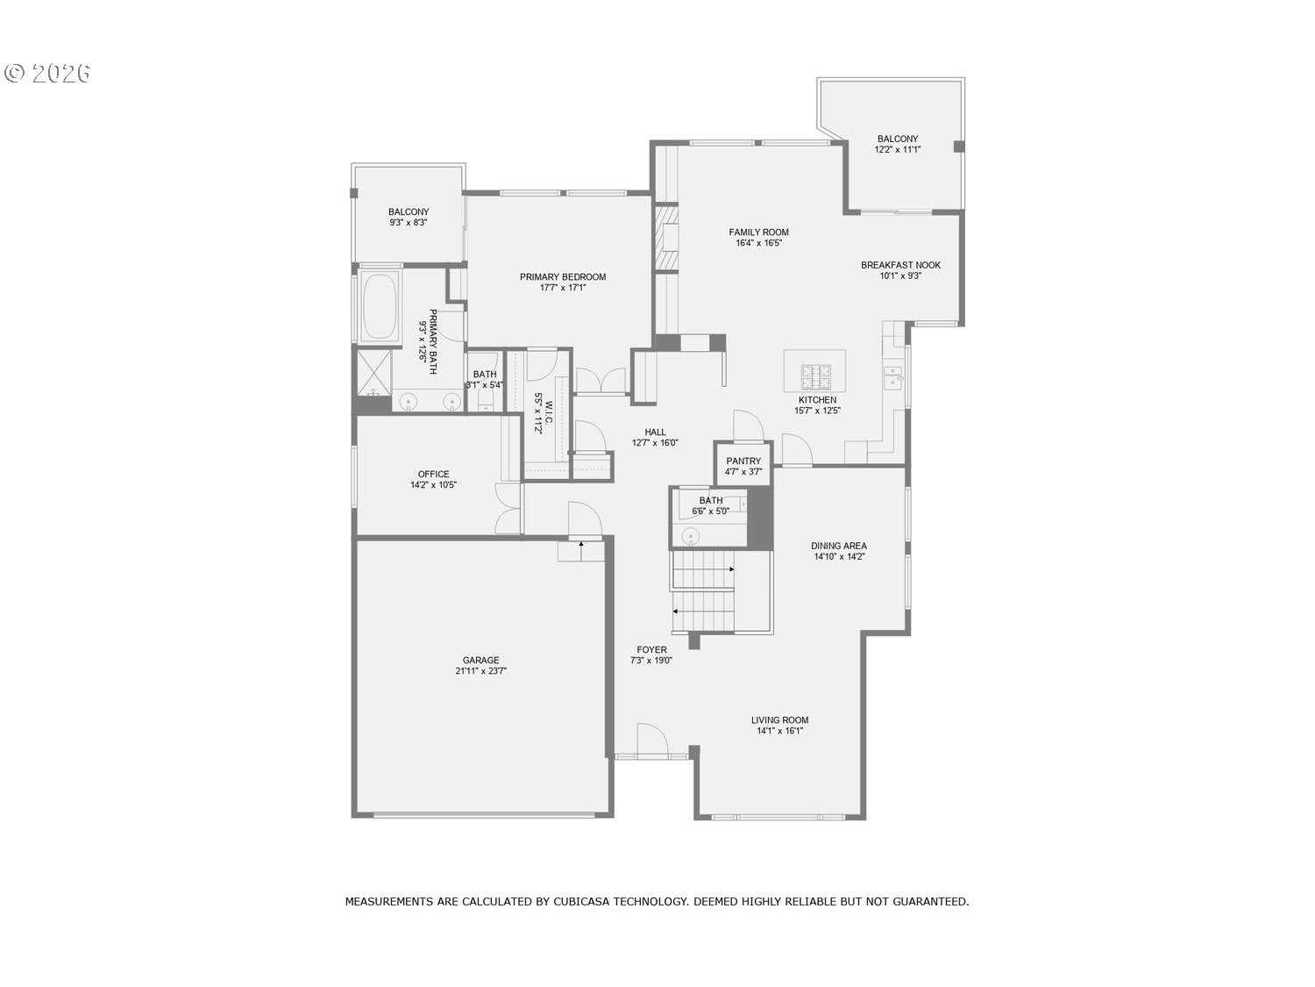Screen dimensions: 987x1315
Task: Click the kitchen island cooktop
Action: (x=814, y=376)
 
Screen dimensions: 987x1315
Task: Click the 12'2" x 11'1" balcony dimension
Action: (x=898, y=150)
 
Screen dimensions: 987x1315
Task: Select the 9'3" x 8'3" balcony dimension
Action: (x=409, y=223)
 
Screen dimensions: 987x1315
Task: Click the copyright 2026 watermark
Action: (x=48, y=73)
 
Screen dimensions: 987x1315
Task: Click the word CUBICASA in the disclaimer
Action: (x=581, y=901)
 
